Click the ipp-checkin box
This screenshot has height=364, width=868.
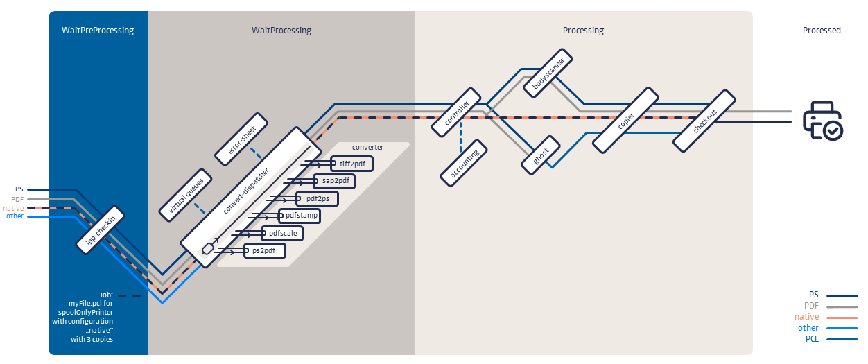tap(101, 229)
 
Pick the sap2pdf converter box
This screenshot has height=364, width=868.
tap(334, 181)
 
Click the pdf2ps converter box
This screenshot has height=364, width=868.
tap(317, 198)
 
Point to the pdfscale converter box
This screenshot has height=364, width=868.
tap(283, 233)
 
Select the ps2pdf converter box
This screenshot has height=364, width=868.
tap(265, 250)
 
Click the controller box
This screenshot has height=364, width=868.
tap(455, 112)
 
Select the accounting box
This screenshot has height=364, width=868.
tap(464, 163)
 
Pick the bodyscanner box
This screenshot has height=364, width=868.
tap(548, 72)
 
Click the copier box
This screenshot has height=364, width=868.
tap(626, 119)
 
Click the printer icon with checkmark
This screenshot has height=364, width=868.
tap(822, 121)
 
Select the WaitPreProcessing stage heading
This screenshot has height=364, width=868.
tap(98, 31)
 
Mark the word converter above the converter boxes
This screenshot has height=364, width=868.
tap(367, 148)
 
